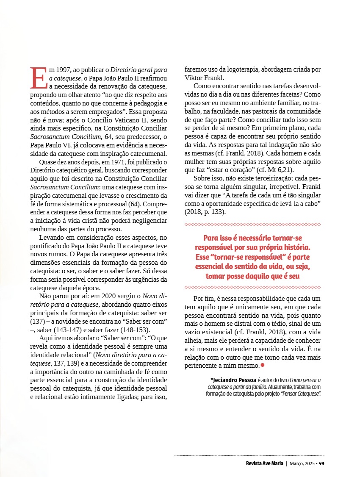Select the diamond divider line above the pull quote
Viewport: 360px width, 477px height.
[x=253, y=224]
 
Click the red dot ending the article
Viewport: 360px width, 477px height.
[x=263, y=365]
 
